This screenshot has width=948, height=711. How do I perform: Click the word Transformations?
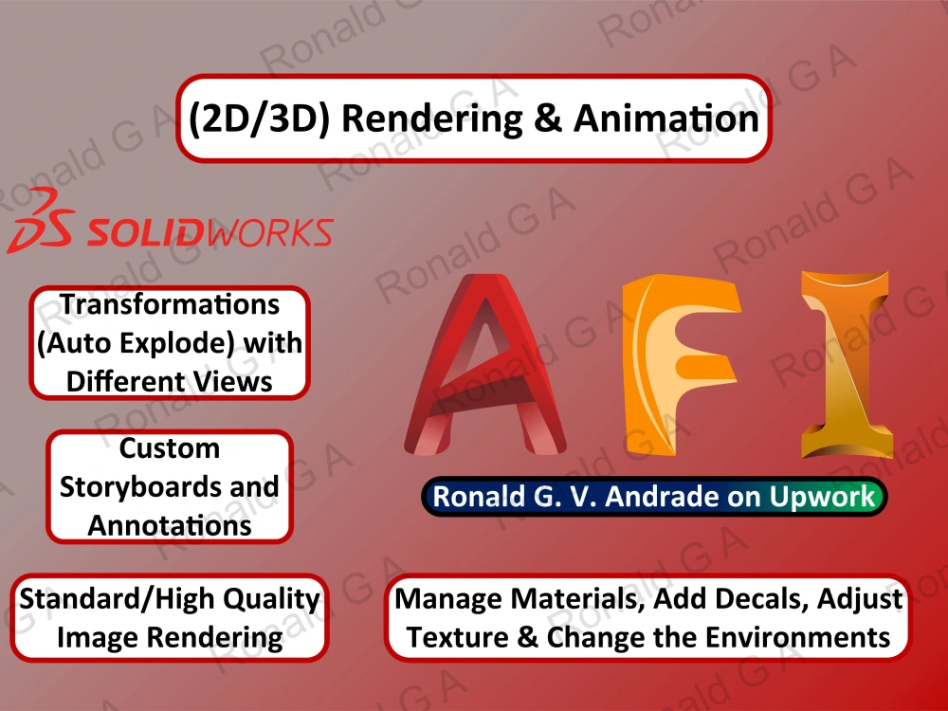170,304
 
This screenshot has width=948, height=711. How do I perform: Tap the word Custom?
170,448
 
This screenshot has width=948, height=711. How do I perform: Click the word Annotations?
170,524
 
